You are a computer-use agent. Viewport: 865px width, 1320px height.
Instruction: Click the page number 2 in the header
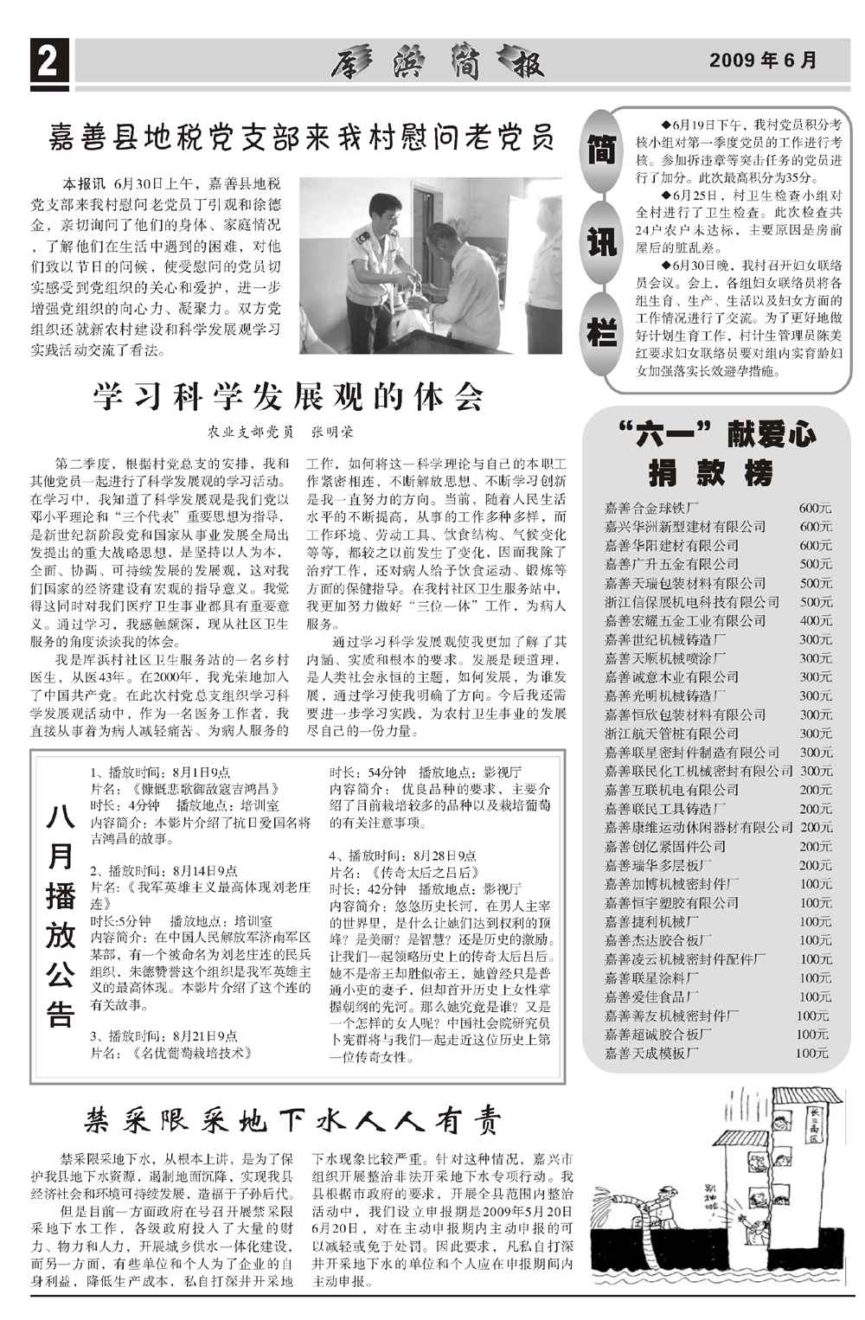pos(48,63)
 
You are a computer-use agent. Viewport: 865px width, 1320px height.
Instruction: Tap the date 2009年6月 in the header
pos(763,61)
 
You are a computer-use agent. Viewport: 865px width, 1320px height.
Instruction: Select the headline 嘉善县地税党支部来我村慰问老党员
pos(301,138)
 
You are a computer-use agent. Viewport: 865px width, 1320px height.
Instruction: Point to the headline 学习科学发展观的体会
pos(288,397)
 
